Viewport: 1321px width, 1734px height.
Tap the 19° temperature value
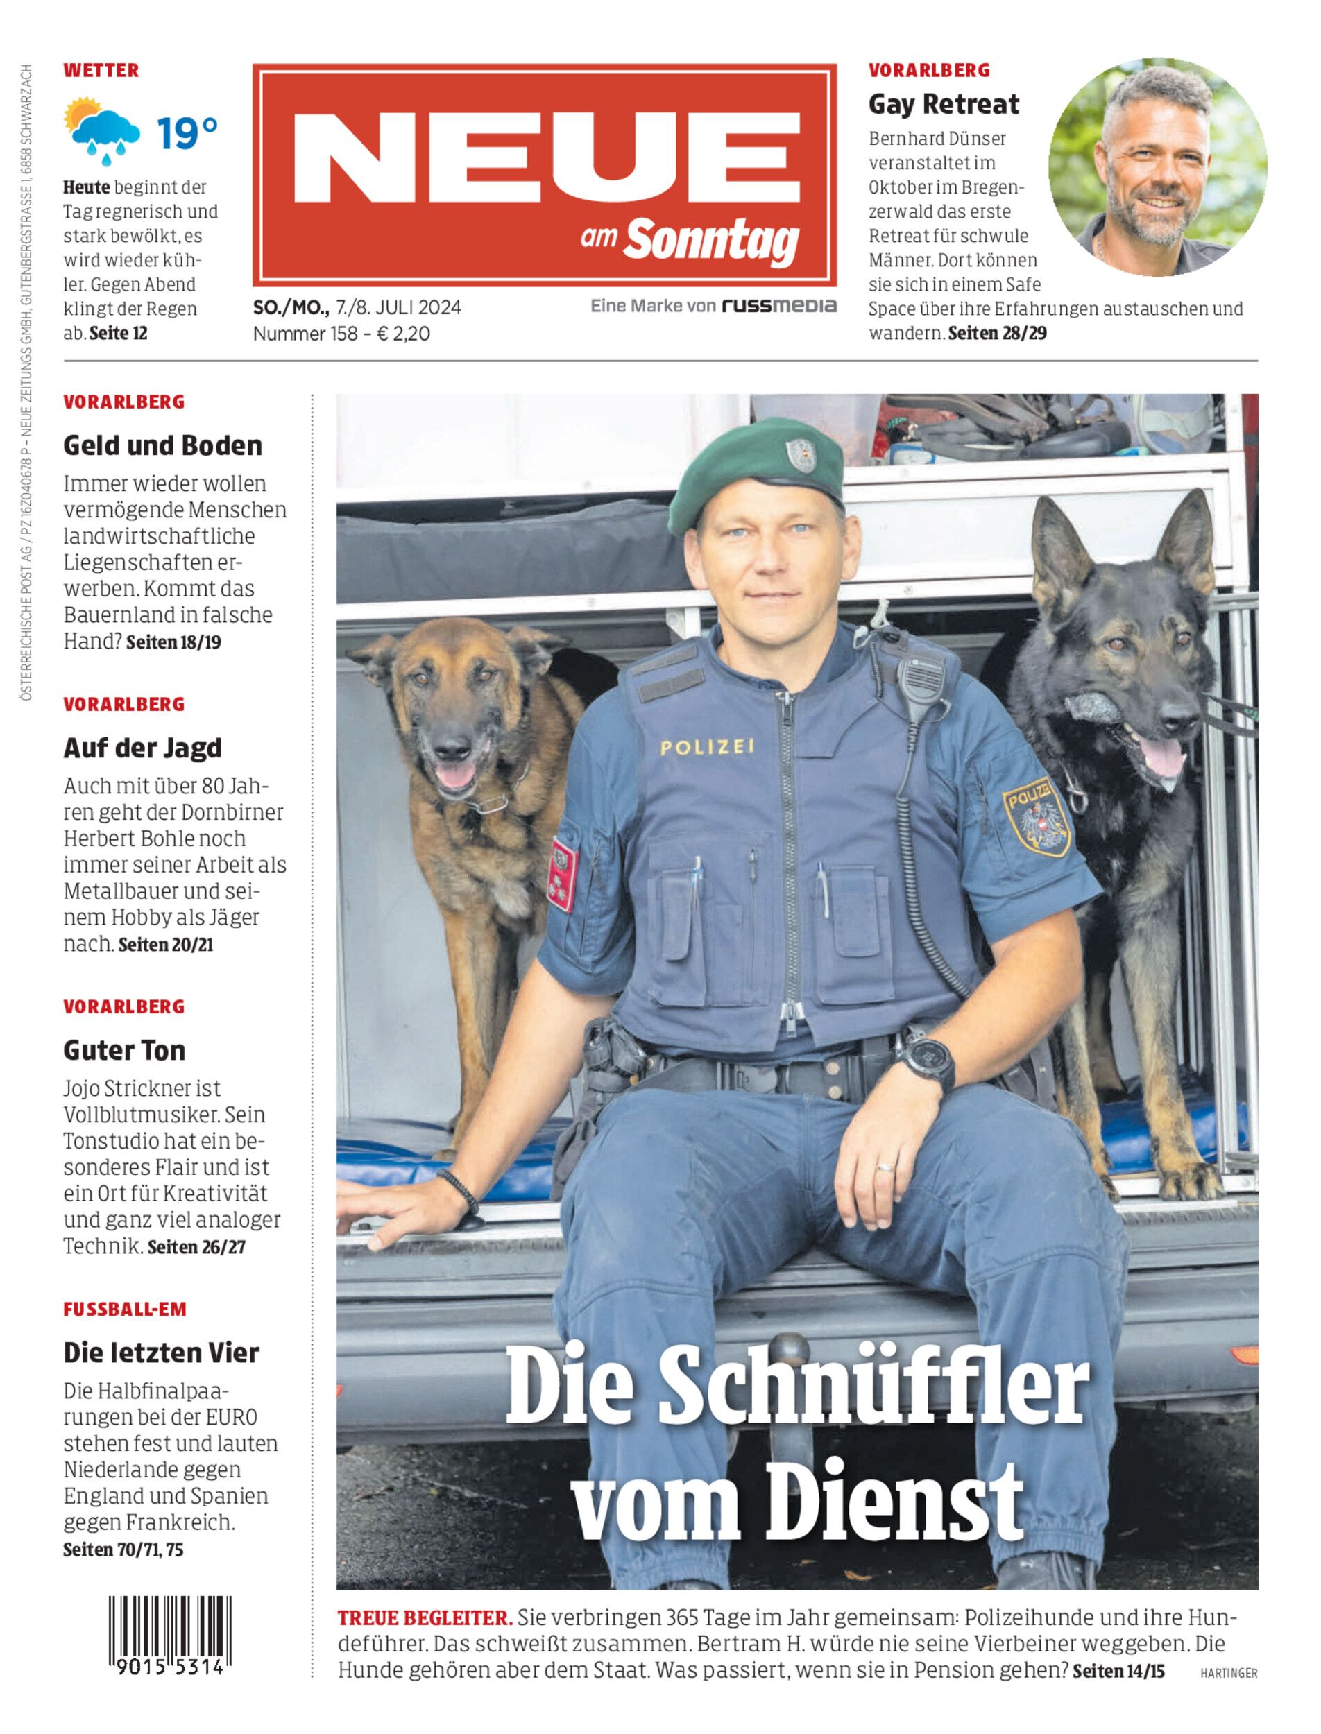tap(187, 134)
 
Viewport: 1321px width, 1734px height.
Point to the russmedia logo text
tap(778, 306)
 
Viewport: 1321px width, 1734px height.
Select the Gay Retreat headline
tap(943, 104)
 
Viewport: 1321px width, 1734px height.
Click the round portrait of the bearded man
tap(1157, 166)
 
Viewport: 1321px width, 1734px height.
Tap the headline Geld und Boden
tap(162, 446)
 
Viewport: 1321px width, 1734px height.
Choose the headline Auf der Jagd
tap(142, 748)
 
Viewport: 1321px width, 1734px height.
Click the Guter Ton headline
tap(124, 1050)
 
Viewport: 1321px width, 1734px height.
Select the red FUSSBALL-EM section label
tap(124, 1309)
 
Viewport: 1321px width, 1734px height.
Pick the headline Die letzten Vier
tap(161, 1353)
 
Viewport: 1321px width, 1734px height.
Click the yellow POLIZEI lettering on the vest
tap(707, 748)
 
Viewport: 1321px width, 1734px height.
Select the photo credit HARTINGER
tap(1228, 1674)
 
